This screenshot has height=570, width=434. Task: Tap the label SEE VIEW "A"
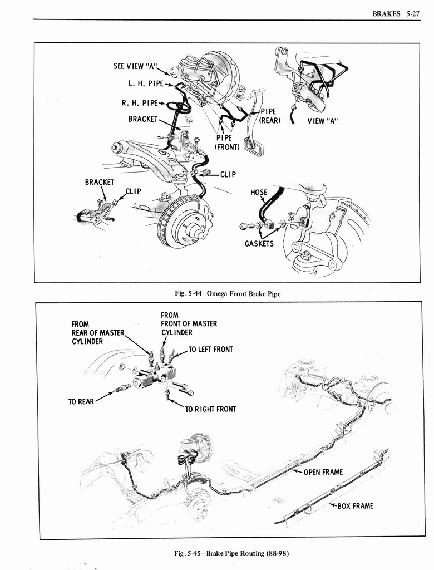point(135,66)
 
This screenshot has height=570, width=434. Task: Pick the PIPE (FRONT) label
point(227,142)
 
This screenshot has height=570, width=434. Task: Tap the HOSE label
point(259,193)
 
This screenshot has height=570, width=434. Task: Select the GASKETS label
point(259,244)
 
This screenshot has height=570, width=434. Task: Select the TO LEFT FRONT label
point(210,350)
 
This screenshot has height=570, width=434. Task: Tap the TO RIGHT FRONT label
point(210,409)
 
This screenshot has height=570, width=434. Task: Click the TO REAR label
point(81,401)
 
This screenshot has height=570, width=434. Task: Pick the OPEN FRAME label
point(323,472)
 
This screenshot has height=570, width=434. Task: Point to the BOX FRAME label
point(355,506)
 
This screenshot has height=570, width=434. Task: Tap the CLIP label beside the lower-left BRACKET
point(133,191)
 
